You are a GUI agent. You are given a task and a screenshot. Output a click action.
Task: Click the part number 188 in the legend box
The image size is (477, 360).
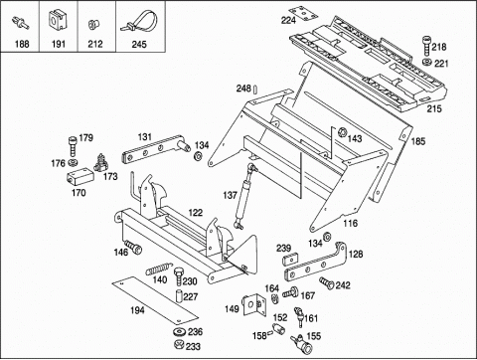point(22,44)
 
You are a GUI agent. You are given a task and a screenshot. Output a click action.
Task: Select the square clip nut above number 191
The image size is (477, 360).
point(57,20)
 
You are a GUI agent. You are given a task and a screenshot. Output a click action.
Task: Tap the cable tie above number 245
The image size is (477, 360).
point(139,22)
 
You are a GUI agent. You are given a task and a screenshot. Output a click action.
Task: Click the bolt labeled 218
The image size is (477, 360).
point(426,47)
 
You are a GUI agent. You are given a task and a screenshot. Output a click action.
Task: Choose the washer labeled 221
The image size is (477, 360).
point(427,62)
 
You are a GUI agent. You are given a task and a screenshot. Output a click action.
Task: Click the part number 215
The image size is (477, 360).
point(434,108)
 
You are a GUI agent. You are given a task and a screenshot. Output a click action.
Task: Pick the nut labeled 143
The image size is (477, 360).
point(342,132)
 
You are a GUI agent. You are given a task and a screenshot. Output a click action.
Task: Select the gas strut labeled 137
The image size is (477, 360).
point(244,196)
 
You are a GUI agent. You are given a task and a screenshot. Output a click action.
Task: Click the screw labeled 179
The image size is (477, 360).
point(73,146)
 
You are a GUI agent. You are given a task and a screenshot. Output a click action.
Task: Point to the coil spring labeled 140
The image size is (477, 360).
point(159,268)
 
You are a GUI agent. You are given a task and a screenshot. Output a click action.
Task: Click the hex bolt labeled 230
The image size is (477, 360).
point(179,275)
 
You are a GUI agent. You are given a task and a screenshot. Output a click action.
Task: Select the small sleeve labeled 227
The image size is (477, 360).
point(179,295)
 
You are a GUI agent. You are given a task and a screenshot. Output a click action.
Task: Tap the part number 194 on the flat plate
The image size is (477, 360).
point(137,310)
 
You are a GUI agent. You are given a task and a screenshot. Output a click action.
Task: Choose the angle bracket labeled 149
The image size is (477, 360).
point(254,305)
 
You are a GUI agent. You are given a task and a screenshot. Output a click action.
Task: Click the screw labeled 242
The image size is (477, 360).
point(327,283)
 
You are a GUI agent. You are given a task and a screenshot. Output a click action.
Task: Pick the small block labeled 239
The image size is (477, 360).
point(291,259)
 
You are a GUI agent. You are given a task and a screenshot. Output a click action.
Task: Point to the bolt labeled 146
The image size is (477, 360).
point(133,247)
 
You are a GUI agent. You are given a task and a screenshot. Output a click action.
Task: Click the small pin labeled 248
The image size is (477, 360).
point(255,90)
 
